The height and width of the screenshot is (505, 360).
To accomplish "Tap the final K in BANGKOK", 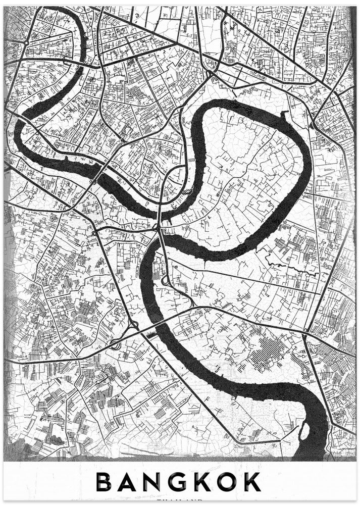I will (x=251, y=482).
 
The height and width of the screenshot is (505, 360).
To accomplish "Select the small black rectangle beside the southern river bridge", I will (x=150, y=334).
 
